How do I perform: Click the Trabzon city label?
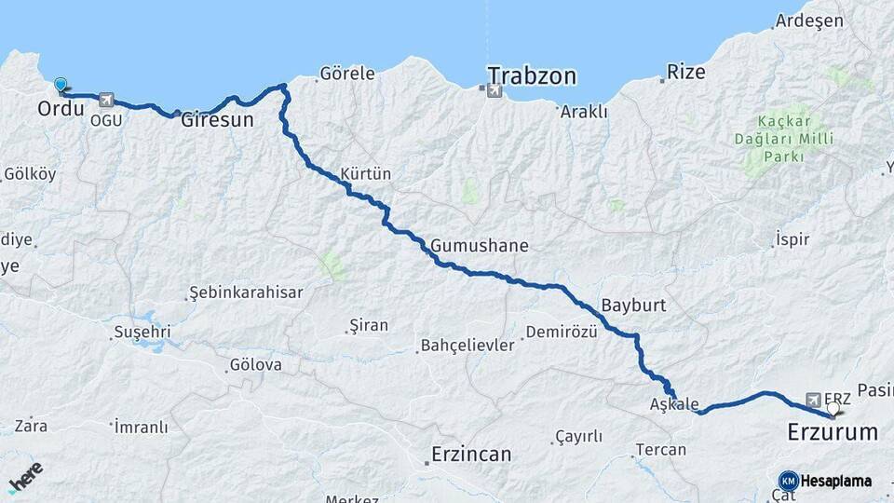[x=533, y=75]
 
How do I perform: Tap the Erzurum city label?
[x=833, y=432]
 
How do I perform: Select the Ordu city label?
[x=61, y=109]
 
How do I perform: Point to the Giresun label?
[x=217, y=119]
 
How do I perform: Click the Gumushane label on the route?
[x=480, y=246]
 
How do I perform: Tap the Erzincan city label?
[x=471, y=455]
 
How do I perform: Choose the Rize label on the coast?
[x=686, y=72]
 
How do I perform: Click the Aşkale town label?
[x=673, y=403]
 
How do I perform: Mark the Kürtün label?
[x=366, y=174]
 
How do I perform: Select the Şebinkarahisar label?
[x=246, y=292]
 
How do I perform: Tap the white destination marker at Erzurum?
[x=833, y=408]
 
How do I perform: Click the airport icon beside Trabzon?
[x=492, y=89]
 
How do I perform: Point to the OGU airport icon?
[x=105, y=101]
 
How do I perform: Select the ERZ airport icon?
[x=815, y=399]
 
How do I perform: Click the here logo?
[x=26, y=477]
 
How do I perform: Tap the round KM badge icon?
[x=789, y=481]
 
